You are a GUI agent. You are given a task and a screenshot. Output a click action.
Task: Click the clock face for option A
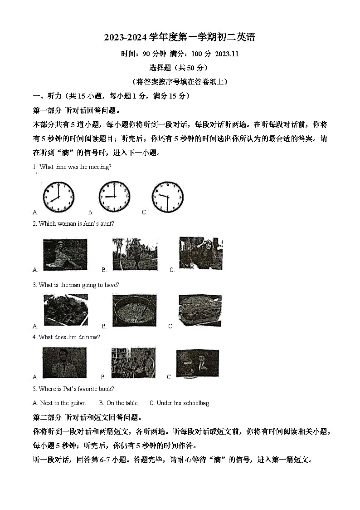[58, 197]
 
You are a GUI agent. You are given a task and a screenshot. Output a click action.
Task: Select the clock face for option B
[114, 196]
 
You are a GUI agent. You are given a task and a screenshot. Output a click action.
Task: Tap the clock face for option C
[167, 196]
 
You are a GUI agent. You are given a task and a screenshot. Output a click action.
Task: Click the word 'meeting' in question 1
[99, 167]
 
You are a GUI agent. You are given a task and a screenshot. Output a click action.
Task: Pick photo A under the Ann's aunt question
[65, 255]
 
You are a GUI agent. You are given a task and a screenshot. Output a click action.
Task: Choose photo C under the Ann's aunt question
[201, 253]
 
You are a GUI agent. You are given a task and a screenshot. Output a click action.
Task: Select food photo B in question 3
[134, 311]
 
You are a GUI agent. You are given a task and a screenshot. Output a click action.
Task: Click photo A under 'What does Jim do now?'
[64, 363]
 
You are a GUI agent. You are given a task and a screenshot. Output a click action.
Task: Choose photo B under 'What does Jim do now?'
[133, 363]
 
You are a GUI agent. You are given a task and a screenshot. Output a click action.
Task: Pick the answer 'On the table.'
[122, 403]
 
